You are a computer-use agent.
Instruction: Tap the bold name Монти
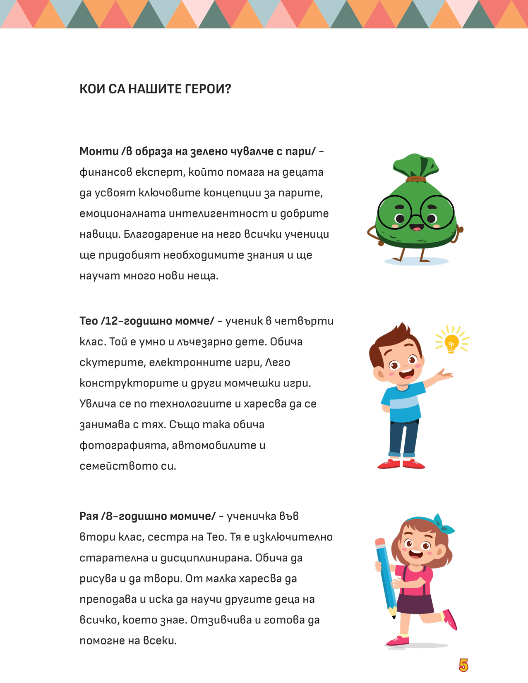[99, 151]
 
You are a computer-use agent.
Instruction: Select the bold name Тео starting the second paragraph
[88, 321]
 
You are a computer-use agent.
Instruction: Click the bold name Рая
[88, 516]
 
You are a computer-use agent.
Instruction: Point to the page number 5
[463, 665]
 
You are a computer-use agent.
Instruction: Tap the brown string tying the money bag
[415, 179]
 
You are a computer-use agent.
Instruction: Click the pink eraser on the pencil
[380, 542]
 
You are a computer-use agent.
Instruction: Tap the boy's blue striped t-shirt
[401, 403]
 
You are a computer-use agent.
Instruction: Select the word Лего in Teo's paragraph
[278, 363]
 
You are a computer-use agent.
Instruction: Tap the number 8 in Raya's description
[109, 516]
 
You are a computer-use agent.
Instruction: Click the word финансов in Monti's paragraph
[106, 172]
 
